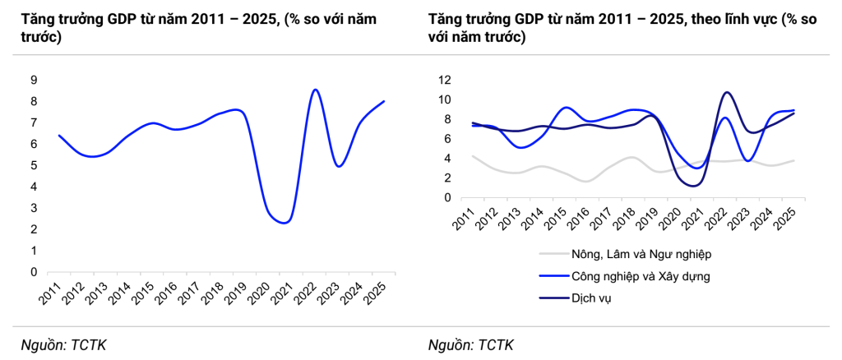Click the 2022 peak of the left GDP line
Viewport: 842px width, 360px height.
(315, 90)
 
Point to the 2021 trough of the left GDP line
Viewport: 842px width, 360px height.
(284, 222)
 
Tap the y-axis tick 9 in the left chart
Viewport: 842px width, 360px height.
(34, 80)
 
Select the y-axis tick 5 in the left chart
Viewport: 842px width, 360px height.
(34, 165)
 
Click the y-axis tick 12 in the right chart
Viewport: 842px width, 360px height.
(444, 80)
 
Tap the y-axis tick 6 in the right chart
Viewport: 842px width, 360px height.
(447, 139)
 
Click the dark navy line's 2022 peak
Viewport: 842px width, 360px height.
(726, 92)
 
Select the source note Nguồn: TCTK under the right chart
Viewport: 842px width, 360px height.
(471, 344)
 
